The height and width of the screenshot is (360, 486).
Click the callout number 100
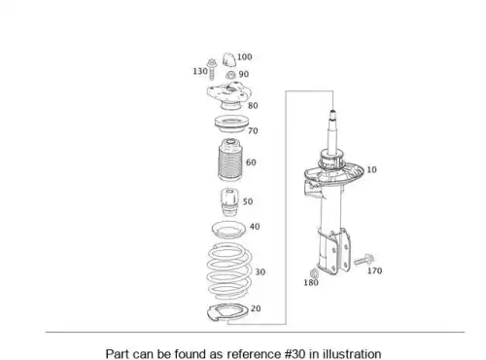click(x=245, y=57)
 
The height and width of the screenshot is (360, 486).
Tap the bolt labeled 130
click(x=212, y=69)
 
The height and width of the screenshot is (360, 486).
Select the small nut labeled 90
click(x=230, y=76)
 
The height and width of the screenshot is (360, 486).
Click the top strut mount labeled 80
click(x=229, y=96)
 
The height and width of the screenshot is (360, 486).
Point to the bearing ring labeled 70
click(x=231, y=124)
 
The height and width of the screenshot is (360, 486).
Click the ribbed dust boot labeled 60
click(x=230, y=160)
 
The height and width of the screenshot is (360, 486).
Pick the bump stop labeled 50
click(x=229, y=202)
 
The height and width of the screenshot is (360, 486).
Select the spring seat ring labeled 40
click(x=228, y=230)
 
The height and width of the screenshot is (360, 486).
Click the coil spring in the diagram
click(x=229, y=271)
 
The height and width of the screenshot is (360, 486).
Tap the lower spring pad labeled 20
click(x=227, y=313)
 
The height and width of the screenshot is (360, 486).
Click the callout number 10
click(x=371, y=169)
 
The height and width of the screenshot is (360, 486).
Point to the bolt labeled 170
click(x=364, y=260)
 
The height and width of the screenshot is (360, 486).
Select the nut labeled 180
click(x=314, y=272)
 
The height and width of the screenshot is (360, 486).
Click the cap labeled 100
click(x=229, y=59)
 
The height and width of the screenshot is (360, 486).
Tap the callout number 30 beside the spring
click(x=260, y=272)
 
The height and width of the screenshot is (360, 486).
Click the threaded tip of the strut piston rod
click(x=332, y=115)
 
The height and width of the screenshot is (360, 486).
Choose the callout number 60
click(x=251, y=162)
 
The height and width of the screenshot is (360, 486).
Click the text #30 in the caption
click(x=295, y=353)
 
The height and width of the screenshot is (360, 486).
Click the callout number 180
click(x=311, y=283)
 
